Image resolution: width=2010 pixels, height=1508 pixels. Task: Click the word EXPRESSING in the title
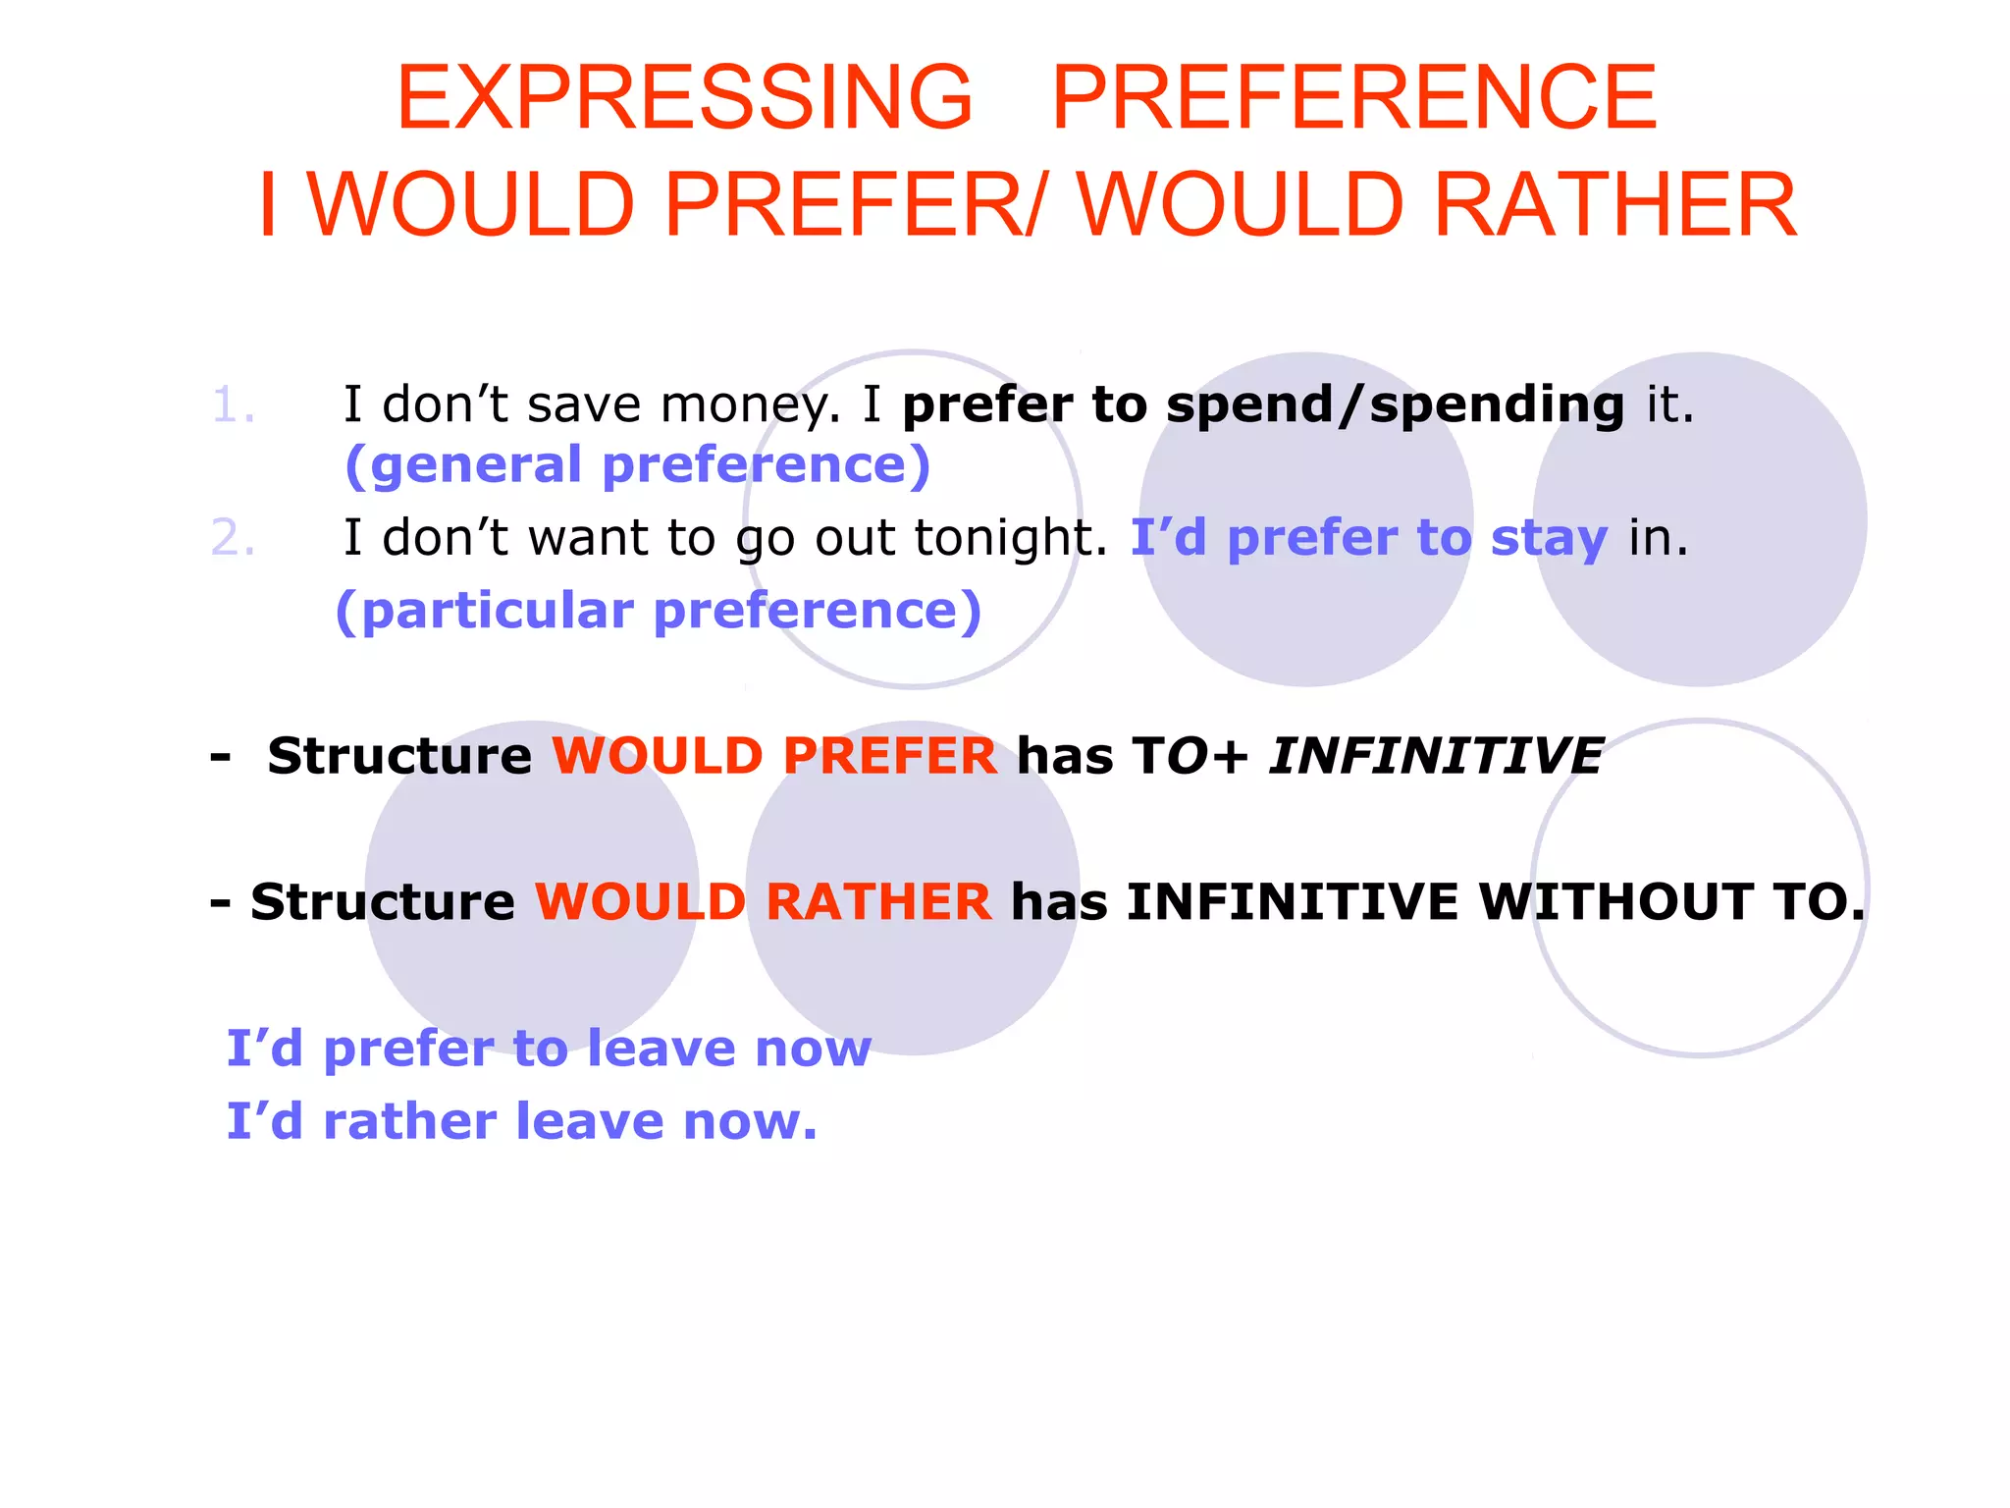(x=684, y=97)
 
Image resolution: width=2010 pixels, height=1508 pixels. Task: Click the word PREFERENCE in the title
(x=1354, y=97)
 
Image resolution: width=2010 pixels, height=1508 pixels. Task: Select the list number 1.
(x=234, y=405)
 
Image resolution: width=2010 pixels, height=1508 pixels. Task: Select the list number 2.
(x=234, y=538)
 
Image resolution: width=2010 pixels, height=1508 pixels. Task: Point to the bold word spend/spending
(x=1395, y=405)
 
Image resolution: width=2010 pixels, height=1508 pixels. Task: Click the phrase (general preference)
(x=638, y=464)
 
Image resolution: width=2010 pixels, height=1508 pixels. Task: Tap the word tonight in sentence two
(x=1011, y=538)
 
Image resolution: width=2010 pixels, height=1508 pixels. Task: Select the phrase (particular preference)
(x=659, y=611)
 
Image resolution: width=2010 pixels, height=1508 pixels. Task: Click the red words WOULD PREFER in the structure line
(x=774, y=756)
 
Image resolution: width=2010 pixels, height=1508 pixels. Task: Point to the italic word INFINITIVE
(x=1436, y=756)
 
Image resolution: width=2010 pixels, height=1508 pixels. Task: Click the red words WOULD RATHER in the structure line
(x=763, y=901)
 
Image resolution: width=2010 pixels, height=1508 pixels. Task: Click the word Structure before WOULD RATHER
(x=383, y=901)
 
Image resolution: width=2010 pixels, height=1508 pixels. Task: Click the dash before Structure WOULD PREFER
(x=221, y=756)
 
